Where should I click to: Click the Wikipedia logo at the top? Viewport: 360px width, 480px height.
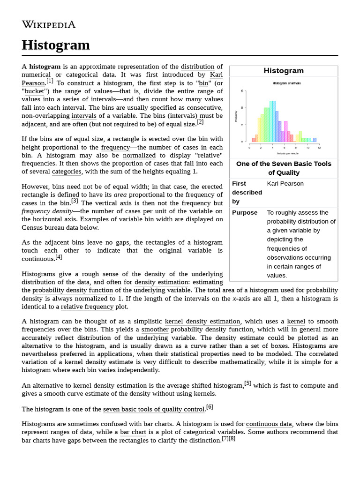49,24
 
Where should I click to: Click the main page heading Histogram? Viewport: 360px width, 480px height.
56,45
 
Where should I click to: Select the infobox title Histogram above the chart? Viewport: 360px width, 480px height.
284,71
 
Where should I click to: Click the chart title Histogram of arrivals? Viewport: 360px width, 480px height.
286,83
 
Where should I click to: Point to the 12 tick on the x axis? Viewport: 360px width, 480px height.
319,148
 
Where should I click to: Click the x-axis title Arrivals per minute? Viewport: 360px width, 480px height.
287,153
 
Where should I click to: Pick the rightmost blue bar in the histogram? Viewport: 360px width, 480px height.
315,140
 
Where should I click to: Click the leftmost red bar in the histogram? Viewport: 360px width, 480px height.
254,139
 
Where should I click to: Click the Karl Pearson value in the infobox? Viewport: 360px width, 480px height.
285,184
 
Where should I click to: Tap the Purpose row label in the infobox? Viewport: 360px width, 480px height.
245,213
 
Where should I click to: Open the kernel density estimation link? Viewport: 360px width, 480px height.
202,322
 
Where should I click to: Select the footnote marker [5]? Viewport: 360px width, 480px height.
248,383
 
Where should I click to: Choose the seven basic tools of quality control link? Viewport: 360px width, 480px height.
154,409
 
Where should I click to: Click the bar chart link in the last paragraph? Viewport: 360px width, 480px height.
131,432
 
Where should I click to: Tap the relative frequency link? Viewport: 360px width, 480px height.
87,307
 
